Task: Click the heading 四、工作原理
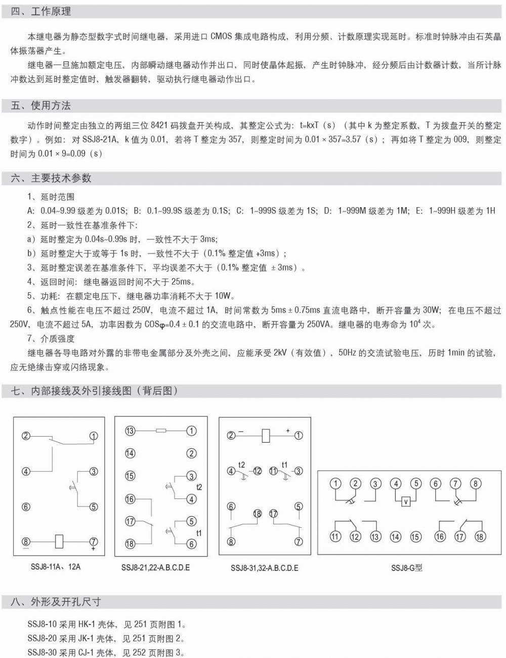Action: (40, 11)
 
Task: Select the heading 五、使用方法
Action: (40, 105)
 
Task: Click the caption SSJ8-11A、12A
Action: (56, 566)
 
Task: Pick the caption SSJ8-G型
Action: (406, 567)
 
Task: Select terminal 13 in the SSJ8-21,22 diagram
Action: (130, 431)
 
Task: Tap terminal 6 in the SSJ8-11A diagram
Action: (26, 507)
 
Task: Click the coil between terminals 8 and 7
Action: (59, 541)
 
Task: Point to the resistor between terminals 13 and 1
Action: (161, 431)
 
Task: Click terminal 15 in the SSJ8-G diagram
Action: (415, 536)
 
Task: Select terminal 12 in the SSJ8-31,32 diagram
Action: (258, 471)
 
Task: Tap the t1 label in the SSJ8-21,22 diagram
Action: (199, 533)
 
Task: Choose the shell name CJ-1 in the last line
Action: (85, 653)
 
